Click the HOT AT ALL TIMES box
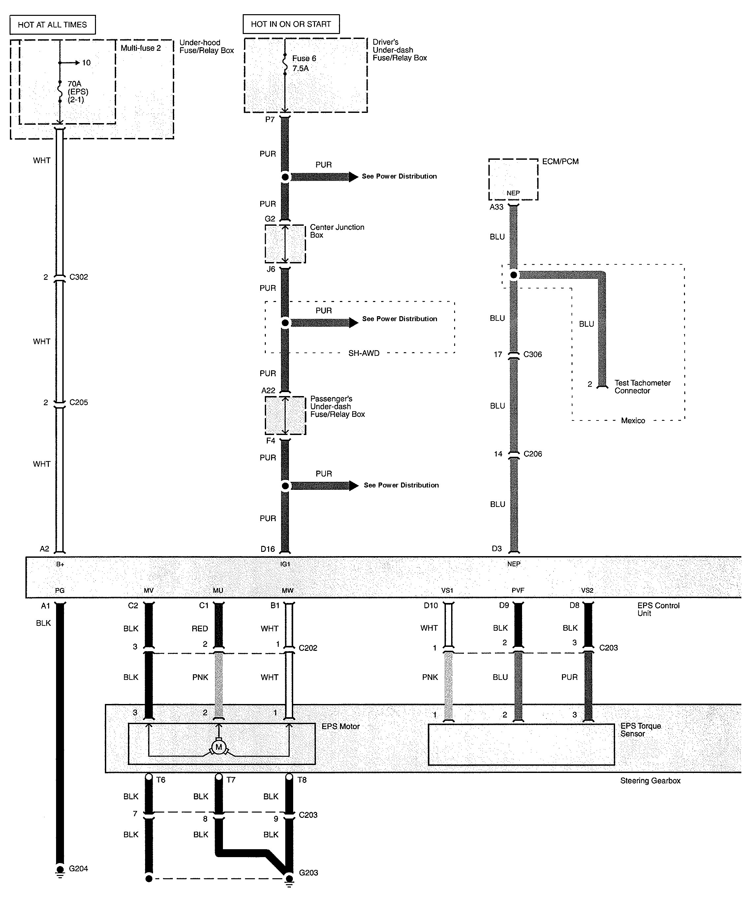[x=52, y=25]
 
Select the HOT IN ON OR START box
[x=291, y=24]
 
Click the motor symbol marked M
[x=219, y=747]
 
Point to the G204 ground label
[x=78, y=869]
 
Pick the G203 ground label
[x=308, y=872]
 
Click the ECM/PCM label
[x=560, y=161]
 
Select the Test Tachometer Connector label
[x=642, y=386]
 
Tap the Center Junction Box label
[x=337, y=231]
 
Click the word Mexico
[x=633, y=420]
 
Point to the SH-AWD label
[x=363, y=353]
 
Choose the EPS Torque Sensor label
[x=641, y=730]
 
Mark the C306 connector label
[x=532, y=354]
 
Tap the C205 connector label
[x=78, y=402]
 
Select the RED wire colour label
[x=200, y=628]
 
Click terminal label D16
[x=268, y=549]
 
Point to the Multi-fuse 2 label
[x=140, y=48]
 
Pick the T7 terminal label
[x=231, y=780]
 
